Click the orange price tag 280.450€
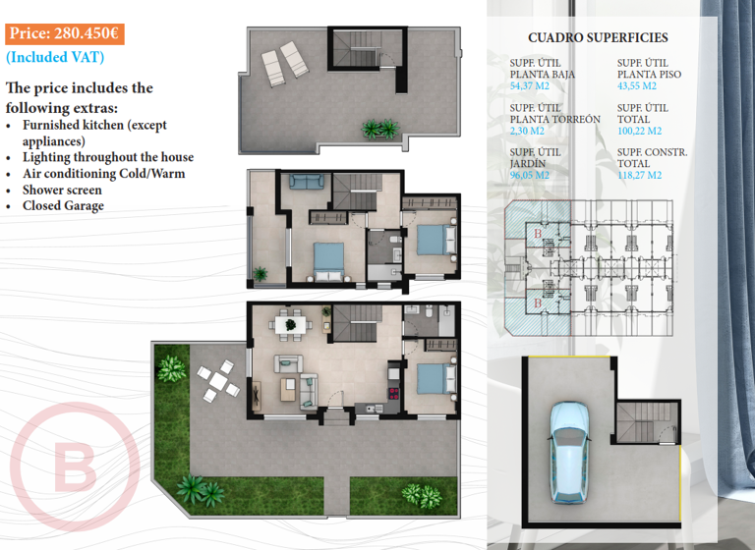[x=64, y=33]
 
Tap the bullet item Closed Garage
[x=63, y=206]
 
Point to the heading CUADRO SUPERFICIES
[x=598, y=38]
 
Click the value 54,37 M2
[x=529, y=86]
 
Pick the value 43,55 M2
[x=636, y=86]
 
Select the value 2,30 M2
[x=527, y=132]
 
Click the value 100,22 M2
[x=639, y=132]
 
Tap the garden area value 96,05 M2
[x=529, y=176]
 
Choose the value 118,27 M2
[x=639, y=176]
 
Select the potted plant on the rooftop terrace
[x=378, y=128]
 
